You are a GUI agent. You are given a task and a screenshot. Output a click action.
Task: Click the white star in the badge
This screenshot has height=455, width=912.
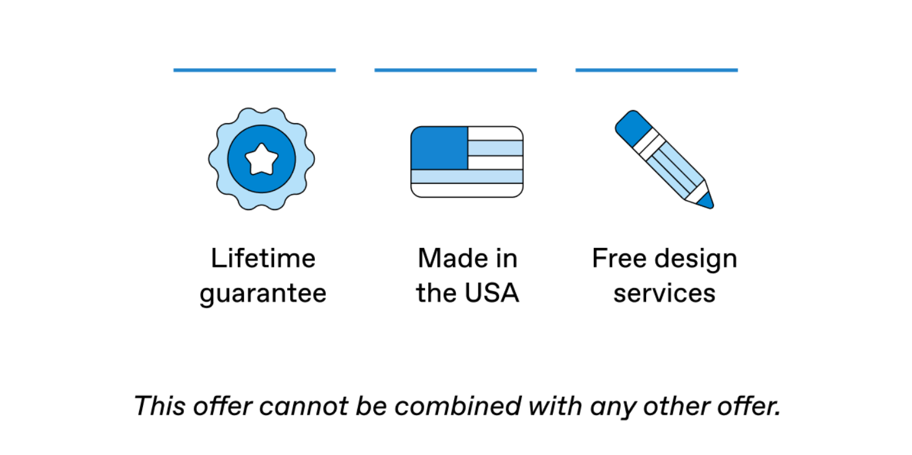(262, 160)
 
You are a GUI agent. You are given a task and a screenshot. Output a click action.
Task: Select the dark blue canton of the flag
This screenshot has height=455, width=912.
(439, 148)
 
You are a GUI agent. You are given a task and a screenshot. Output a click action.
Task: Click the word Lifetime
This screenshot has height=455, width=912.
(263, 258)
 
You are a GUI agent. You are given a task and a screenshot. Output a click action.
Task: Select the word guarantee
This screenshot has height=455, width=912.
(263, 293)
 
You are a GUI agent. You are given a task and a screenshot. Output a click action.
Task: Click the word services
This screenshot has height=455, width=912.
(664, 293)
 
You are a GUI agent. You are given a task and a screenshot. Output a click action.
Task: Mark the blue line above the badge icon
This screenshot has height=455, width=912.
(255, 70)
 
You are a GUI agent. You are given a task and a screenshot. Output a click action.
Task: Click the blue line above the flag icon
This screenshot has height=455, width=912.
(455, 70)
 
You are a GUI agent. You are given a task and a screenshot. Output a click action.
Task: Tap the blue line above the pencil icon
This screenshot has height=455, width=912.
(657, 70)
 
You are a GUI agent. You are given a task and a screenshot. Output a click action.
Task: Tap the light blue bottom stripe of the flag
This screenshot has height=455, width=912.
(467, 177)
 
